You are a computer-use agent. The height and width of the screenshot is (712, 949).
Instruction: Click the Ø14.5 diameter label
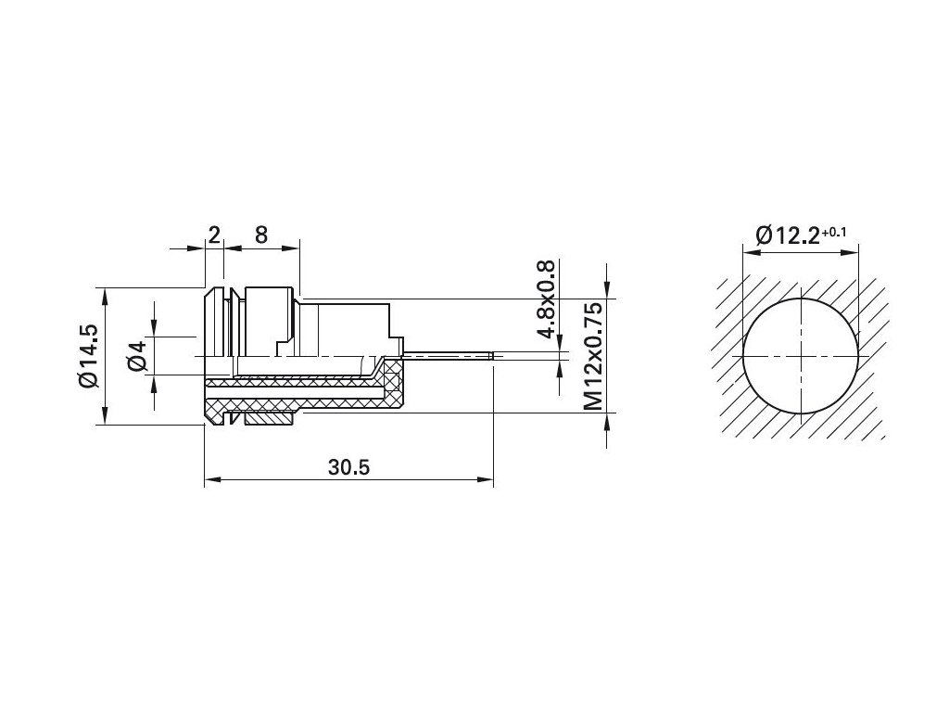click(88, 356)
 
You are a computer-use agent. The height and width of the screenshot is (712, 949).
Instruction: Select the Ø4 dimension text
click(138, 355)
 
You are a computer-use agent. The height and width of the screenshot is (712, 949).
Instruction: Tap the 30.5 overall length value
click(348, 467)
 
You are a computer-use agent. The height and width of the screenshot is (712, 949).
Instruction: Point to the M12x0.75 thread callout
click(593, 357)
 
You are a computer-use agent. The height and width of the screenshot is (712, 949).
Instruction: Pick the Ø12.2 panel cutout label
click(788, 235)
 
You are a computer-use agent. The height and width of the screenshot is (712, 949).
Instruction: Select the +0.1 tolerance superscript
click(833, 231)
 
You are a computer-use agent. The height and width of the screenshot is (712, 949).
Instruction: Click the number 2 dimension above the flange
click(214, 235)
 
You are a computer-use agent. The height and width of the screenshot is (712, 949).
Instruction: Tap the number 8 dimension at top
click(260, 235)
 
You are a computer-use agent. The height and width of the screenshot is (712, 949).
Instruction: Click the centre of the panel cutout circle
click(801, 356)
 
